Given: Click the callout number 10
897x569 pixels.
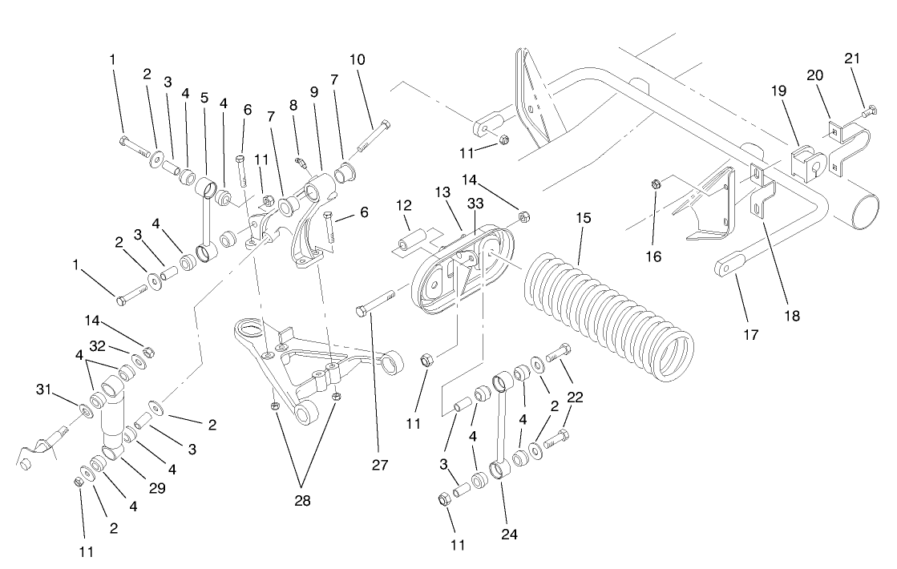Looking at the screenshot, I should (357, 59).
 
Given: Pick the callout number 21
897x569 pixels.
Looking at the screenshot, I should (851, 59).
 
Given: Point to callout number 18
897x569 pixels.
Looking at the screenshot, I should (792, 316).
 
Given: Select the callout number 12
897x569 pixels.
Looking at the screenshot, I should (403, 205).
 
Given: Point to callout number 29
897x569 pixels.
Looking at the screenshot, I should (156, 487).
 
